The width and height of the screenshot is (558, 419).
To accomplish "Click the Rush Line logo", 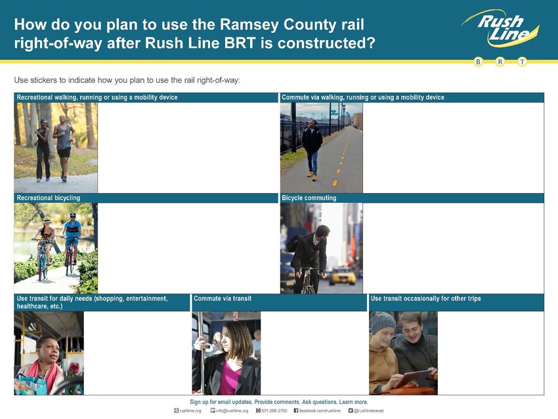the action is [501, 28].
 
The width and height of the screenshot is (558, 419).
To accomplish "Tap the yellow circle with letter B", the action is [479, 62].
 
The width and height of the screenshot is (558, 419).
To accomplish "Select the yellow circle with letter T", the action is [522, 62].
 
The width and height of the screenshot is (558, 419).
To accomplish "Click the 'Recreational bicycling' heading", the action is [49, 198].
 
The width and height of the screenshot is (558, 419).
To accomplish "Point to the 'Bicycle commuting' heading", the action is [309, 198].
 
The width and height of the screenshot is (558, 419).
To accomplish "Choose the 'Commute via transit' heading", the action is [223, 298].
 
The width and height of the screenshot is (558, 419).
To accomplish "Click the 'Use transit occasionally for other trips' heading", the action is [425, 298].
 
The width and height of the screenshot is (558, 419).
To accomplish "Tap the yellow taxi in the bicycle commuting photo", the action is [342, 276].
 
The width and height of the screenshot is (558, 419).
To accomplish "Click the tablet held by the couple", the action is [414, 378].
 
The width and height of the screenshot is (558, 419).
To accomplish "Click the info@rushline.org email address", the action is [232, 411].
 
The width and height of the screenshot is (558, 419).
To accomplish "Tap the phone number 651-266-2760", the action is [274, 411].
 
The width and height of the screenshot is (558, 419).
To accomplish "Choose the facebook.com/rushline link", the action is [320, 411].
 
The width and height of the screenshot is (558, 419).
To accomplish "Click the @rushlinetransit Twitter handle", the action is [369, 411].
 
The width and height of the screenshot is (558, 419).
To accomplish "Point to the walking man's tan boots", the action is [311, 176].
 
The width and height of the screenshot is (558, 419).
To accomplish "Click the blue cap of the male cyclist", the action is [73, 215].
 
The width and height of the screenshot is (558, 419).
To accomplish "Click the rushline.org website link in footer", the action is [190, 411].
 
